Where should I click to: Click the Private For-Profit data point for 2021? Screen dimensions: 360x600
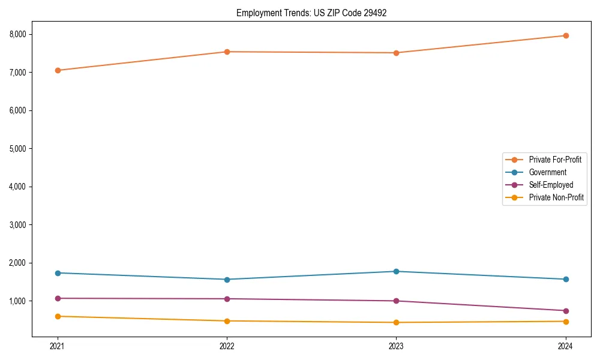[58, 70]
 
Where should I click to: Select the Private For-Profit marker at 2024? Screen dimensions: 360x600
[565, 35]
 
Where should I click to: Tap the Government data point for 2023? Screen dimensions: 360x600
[396, 271]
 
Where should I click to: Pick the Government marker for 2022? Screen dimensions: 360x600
[227, 280]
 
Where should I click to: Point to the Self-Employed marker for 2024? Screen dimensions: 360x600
[565, 311]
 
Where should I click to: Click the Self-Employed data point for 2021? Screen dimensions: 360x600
[58, 298]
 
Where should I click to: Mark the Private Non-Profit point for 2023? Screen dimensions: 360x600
[396, 322]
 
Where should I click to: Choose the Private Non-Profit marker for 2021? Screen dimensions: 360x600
[58, 316]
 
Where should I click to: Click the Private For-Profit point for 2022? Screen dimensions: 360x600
[227, 52]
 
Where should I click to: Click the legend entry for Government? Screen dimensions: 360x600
[547, 172]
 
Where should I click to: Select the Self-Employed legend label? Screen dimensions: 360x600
[551, 185]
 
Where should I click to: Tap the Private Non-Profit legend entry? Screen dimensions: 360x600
[556, 197]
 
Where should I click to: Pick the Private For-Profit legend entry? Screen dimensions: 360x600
[555, 160]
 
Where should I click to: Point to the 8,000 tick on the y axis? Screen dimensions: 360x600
[18, 34]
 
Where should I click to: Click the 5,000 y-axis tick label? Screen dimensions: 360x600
[18, 148]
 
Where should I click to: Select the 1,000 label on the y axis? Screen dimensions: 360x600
[18, 301]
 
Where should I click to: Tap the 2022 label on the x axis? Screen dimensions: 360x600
[227, 346]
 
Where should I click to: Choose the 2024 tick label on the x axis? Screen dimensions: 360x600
[565, 346]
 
